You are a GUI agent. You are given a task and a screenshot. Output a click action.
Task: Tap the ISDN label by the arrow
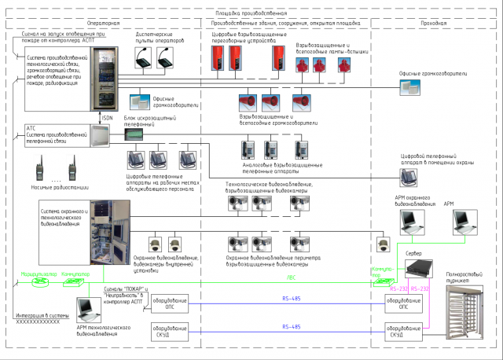tap(108, 119)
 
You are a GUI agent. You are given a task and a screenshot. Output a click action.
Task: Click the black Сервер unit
tap(418, 270)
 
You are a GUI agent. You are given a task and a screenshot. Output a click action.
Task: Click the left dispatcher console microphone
tap(144, 57)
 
